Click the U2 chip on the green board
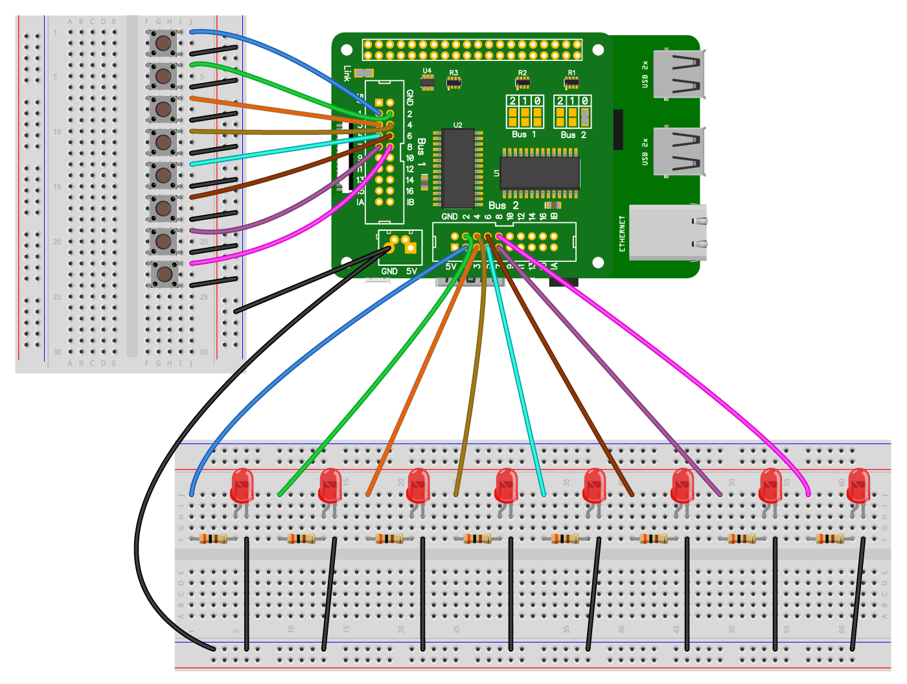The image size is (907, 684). click(458, 167)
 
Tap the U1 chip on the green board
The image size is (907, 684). click(540, 173)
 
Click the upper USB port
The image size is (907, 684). click(678, 74)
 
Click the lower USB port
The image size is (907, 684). click(678, 152)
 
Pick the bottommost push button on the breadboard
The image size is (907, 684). click(163, 274)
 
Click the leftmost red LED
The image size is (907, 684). click(242, 486)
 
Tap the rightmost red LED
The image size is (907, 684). click(858, 486)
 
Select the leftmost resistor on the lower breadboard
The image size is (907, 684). click(213, 538)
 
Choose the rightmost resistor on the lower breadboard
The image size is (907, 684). click(830, 538)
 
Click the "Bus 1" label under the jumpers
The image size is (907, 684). click(523, 134)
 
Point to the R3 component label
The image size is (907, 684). click(454, 73)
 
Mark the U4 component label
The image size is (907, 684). click(427, 71)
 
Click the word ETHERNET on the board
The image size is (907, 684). click(623, 233)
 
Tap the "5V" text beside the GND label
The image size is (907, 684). click(411, 271)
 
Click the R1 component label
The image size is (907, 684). click(571, 73)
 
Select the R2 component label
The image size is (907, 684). click(522, 73)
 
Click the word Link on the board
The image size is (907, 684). click(348, 73)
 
